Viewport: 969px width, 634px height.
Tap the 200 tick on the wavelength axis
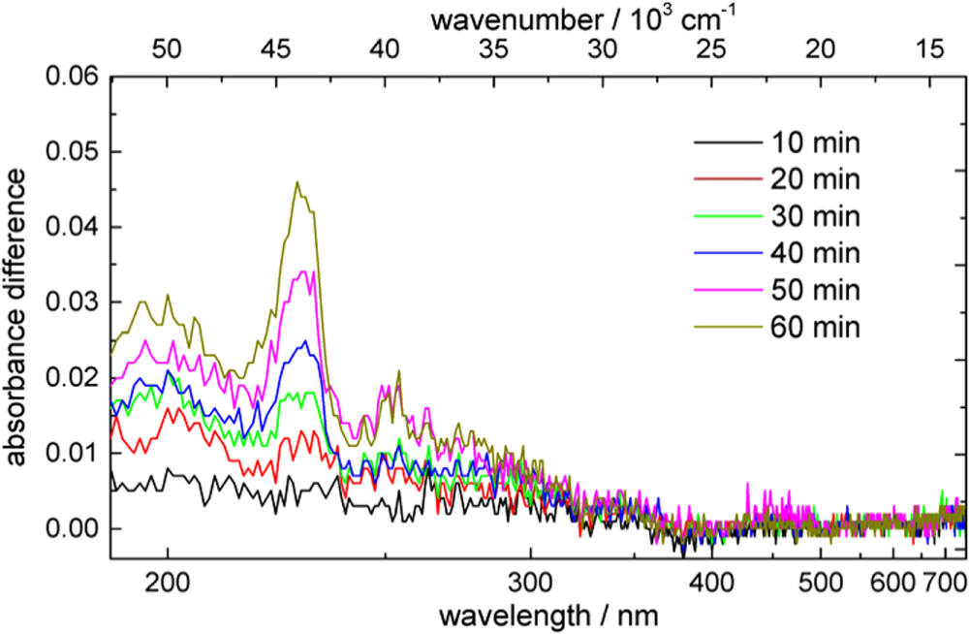(x=168, y=582)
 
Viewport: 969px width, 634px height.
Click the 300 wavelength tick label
(x=530, y=582)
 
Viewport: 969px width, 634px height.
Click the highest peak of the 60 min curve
(x=297, y=182)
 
